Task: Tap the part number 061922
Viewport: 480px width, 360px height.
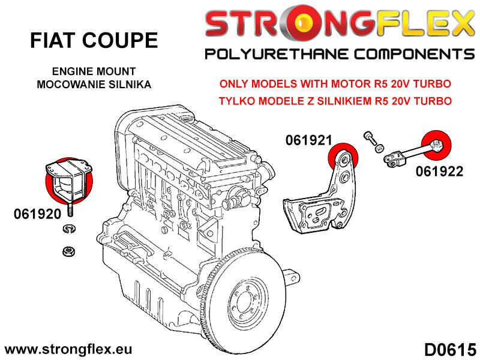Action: coord(439,172)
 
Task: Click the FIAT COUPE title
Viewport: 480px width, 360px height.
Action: coord(94,41)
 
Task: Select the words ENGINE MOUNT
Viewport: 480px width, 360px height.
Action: coord(94,71)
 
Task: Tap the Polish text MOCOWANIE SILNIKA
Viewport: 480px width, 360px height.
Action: coord(94,84)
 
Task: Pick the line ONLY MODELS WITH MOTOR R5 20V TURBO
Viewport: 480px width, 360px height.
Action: coord(334,85)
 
